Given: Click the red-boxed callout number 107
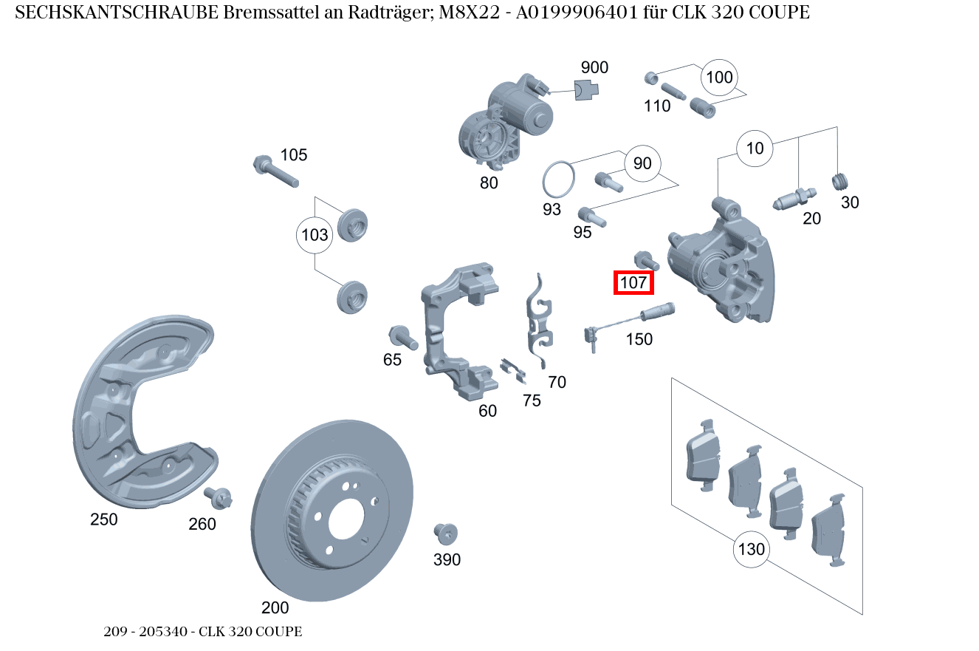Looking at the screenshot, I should [x=633, y=282].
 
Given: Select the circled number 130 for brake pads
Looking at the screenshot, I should [x=751, y=549].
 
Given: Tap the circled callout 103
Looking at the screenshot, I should [x=315, y=236].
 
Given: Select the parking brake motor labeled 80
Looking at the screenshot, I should [x=502, y=122].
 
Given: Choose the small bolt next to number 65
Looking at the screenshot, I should [x=402, y=338].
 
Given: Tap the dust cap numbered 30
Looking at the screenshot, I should [x=841, y=181].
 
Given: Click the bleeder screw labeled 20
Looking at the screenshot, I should [x=794, y=198].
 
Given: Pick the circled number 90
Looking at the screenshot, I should [x=642, y=163].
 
